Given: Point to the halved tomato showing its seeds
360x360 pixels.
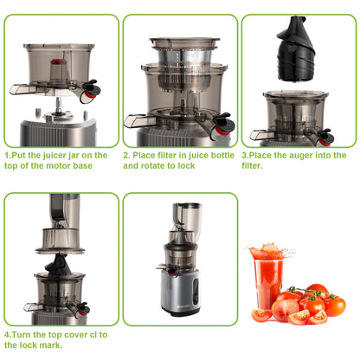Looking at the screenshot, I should [x=299, y=316].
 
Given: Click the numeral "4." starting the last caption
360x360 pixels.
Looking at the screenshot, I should [x=7, y=333].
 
